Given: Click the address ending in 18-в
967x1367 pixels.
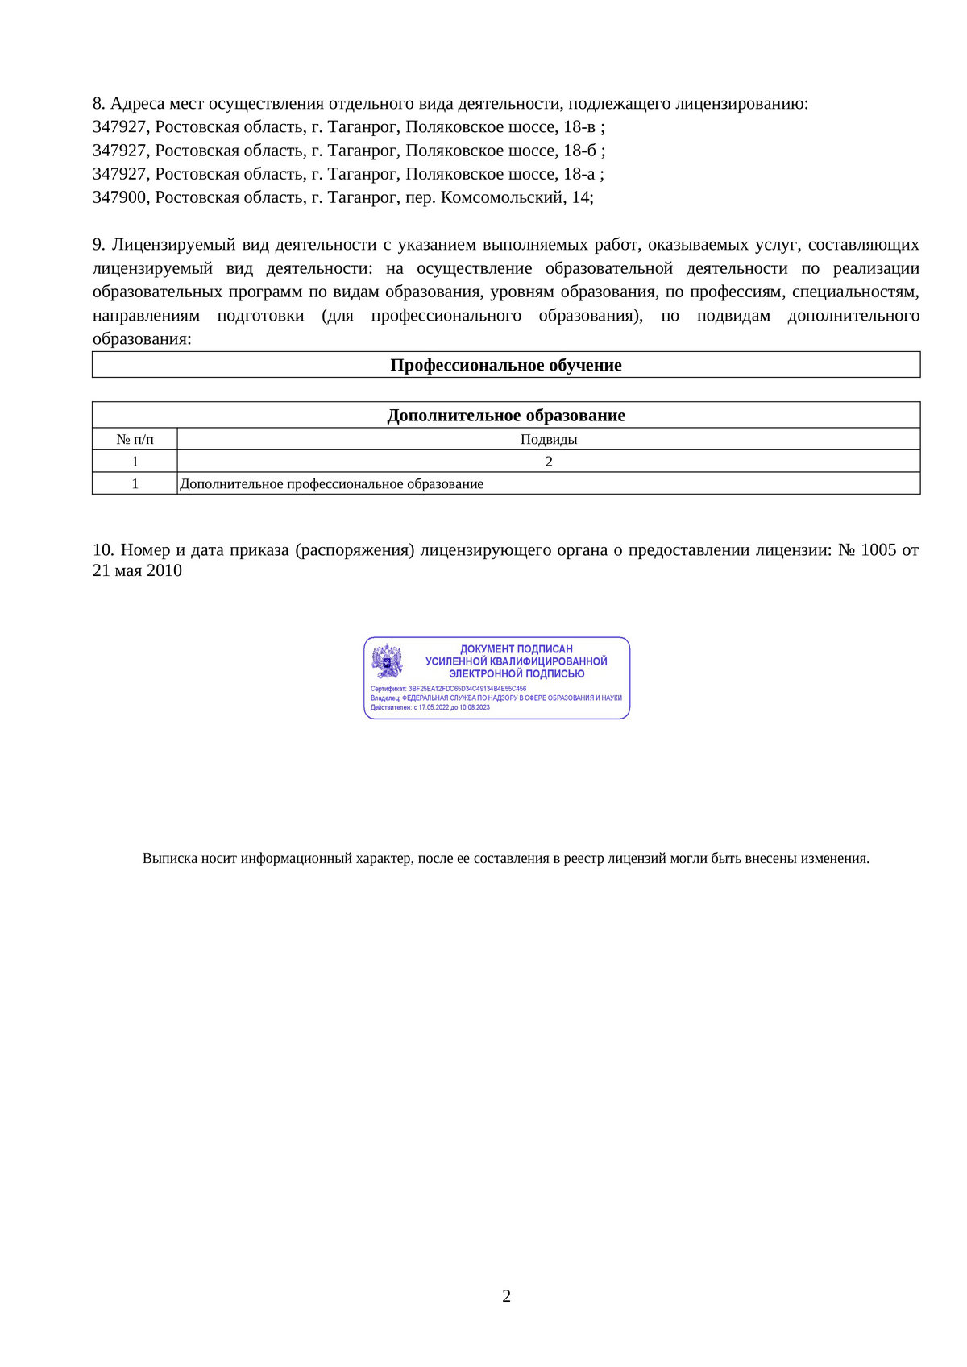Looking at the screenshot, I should click(x=348, y=127).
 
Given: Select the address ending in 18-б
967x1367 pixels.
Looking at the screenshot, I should click(x=348, y=151).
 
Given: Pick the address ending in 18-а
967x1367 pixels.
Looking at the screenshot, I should click(x=348, y=174).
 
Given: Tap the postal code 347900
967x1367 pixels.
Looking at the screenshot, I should click(x=120, y=197).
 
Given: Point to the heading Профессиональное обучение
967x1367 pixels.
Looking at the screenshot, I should click(x=506, y=365).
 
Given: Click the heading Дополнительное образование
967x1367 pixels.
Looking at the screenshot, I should click(x=506, y=416).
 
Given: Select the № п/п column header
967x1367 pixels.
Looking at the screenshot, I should click(x=135, y=440).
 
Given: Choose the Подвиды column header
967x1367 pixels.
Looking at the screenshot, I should click(x=549, y=440).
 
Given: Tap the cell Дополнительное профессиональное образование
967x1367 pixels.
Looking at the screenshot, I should click(x=332, y=484).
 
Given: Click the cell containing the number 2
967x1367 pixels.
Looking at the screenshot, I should click(x=549, y=462).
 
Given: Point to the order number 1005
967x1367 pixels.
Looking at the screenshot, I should click(x=878, y=550).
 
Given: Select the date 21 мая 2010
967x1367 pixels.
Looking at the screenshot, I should click(x=137, y=571).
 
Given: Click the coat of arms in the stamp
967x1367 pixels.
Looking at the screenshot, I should click(x=387, y=661).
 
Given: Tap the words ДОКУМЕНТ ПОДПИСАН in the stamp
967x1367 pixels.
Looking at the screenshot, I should click(x=517, y=648).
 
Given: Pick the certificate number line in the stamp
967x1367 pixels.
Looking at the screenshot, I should click(x=448, y=689).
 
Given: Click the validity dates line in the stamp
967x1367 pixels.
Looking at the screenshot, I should click(x=430, y=707).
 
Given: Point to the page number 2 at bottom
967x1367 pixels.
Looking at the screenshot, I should click(x=506, y=1296).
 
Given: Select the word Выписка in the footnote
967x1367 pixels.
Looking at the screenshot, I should click(x=170, y=859).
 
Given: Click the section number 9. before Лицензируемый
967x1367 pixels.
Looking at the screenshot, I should click(x=98, y=245).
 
